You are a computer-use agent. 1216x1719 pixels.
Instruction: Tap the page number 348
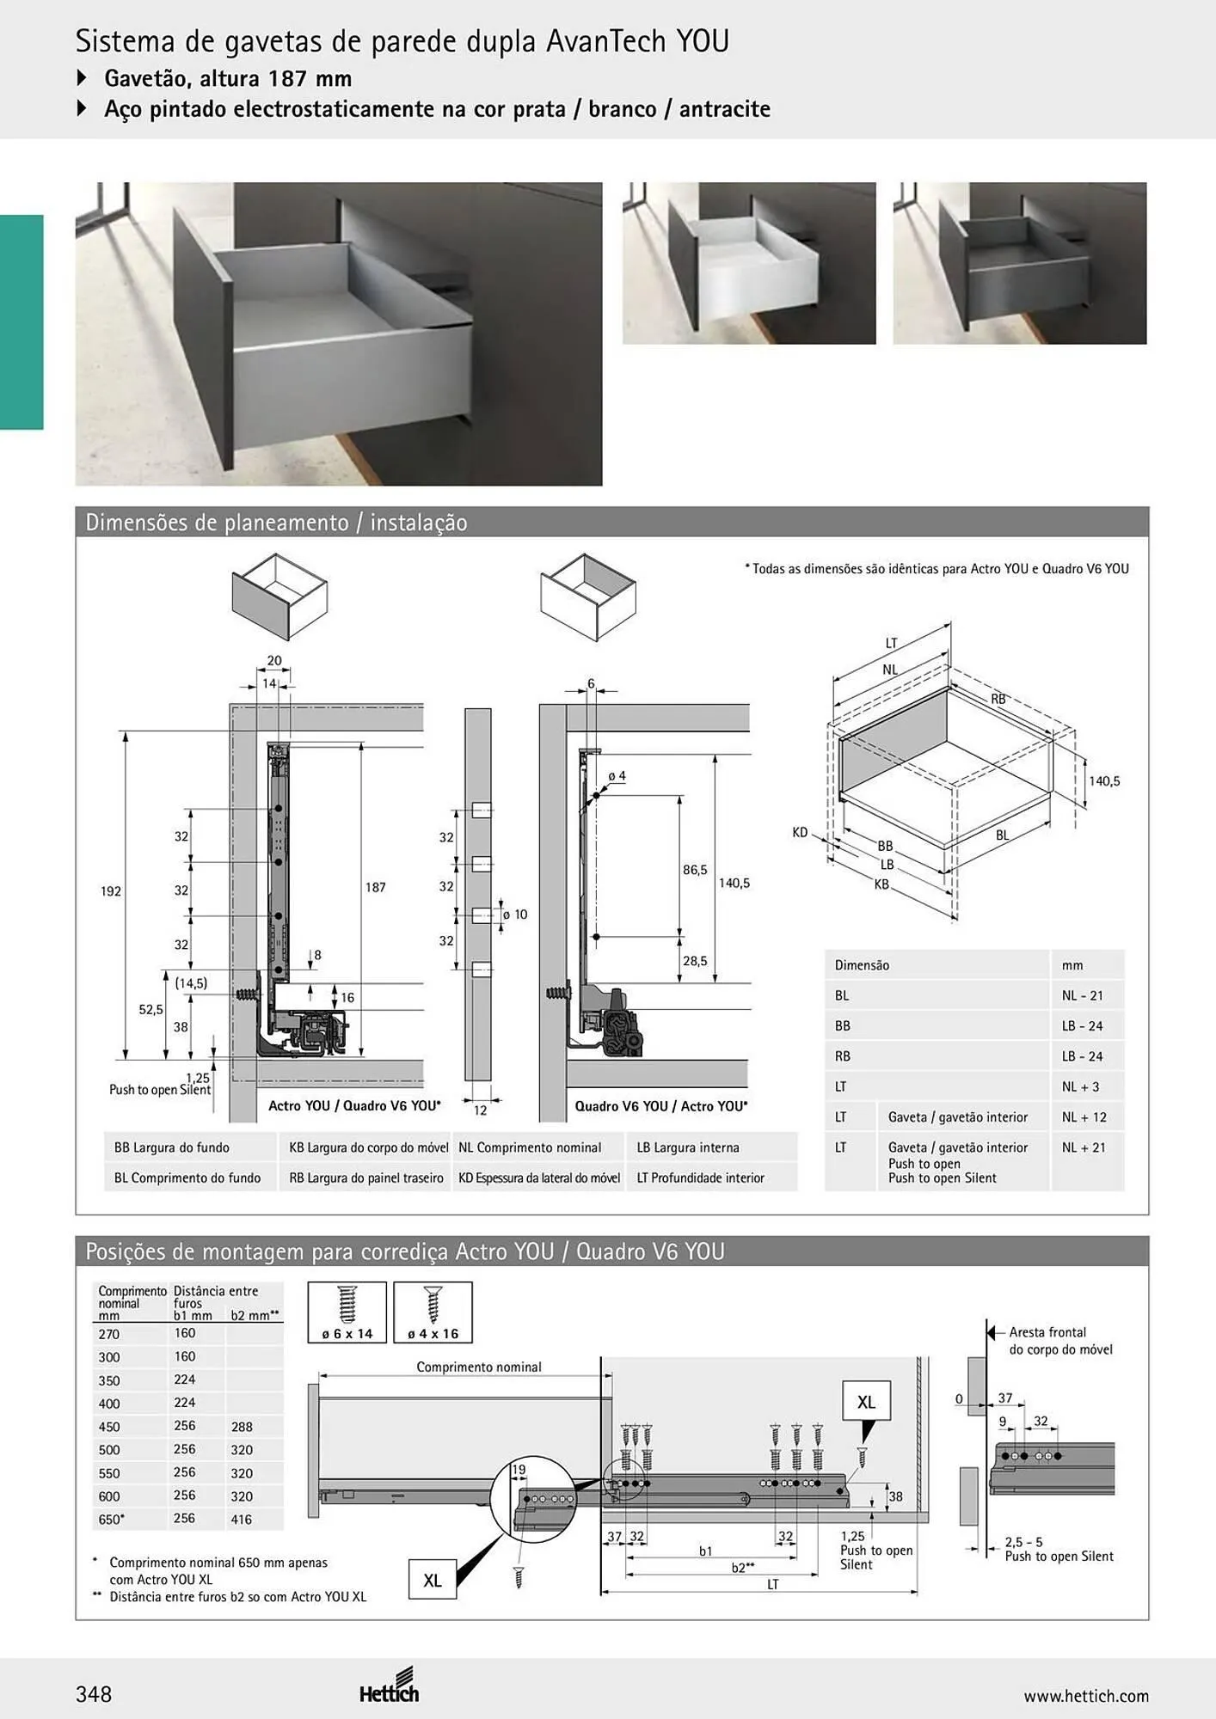point(94,1694)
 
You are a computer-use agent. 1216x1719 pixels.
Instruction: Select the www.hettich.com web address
point(1086,1696)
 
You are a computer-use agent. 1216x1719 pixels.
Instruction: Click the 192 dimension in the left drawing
point(111,891)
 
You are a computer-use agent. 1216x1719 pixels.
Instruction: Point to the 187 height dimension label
point(376,887)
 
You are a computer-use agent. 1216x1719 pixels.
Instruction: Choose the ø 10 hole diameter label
point(515,915)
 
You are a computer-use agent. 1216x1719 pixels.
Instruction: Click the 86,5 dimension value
point(695,870)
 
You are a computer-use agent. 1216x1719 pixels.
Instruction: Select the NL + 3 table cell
point(1080,1086)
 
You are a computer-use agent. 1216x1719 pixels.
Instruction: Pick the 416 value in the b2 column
point(242,1520)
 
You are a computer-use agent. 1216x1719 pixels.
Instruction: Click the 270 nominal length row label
point(109,1334)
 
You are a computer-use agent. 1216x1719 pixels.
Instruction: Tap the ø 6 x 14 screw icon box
point(347,1312)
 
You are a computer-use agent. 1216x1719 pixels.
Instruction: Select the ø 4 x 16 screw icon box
point(433,1312)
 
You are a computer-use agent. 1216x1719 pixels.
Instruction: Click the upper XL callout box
point(866,1402)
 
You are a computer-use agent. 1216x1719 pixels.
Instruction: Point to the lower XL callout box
point(433,1580)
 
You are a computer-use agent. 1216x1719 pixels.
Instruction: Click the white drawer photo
point(749,263)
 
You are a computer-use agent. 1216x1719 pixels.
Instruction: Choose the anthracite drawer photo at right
point(1020,263)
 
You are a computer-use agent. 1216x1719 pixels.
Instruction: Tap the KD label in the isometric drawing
point(800,832)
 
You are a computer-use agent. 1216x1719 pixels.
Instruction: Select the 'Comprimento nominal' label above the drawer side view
point(479,1367)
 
